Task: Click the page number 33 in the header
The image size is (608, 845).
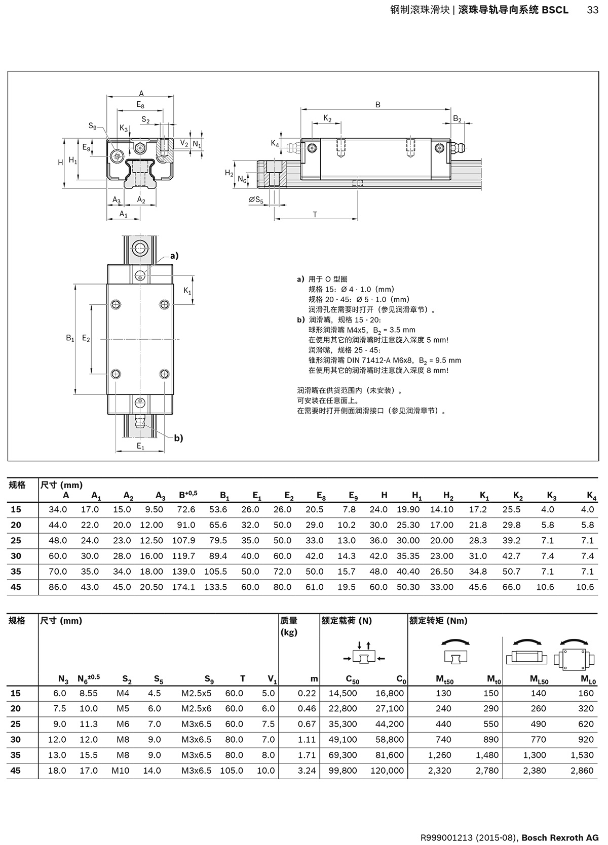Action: (x=592, y=10)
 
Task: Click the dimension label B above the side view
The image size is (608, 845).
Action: (x=377, y=105)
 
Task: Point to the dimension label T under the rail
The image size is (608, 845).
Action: (x=315, y=215)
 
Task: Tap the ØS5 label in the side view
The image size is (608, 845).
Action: (x=256, y=200)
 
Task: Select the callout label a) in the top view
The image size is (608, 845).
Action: (x=174, y=256)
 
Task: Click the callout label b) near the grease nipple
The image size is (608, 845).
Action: (x=178, y=438)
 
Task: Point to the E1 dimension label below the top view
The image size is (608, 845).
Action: (x=140, y=447)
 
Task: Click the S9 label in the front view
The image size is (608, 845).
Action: (x=92, y=126)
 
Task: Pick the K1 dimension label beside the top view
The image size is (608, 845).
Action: (x=187, y=291)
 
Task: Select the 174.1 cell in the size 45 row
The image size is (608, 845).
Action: (x=184, y=587)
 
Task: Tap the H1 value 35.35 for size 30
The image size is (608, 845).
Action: (x=408, y=556)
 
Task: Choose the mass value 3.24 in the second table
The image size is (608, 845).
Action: (x=307, y=771)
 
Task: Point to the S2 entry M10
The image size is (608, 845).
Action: (x=121, y=771)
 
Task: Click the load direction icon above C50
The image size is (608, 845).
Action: (x=364, y=653)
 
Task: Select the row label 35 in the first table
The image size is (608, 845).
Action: (x=16, y=572)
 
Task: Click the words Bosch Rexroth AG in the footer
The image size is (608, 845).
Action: (x=560, y=837)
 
